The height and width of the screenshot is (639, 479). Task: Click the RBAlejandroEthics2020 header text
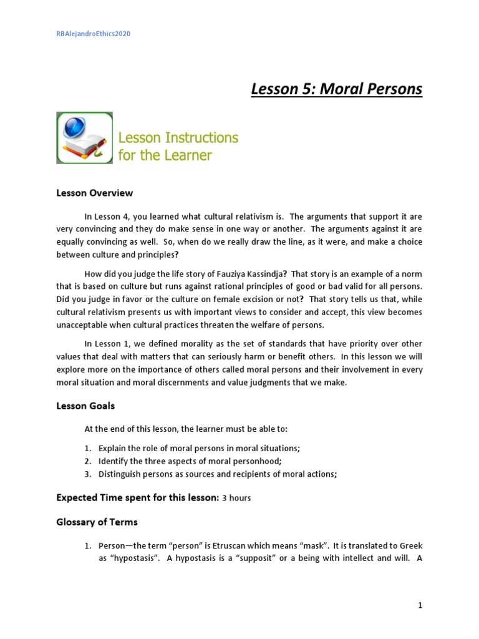(x=93, y=34)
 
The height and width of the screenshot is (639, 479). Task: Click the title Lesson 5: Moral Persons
(x=336, y=89)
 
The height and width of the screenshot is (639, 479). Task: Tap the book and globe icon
(x=84, y=138)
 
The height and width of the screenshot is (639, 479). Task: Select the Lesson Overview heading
(x=94, y=193)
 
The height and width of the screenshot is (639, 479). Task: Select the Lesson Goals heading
(x=85, y=406)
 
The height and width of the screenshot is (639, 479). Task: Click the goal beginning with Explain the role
(x=199, y=449)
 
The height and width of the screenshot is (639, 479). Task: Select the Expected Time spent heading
(x=137, y=497)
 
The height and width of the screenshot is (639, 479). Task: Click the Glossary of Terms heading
(x=97, y=522)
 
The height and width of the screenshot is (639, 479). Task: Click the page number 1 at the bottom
(x=420, y=605)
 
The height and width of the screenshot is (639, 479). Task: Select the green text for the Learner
(x=165, y=154)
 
